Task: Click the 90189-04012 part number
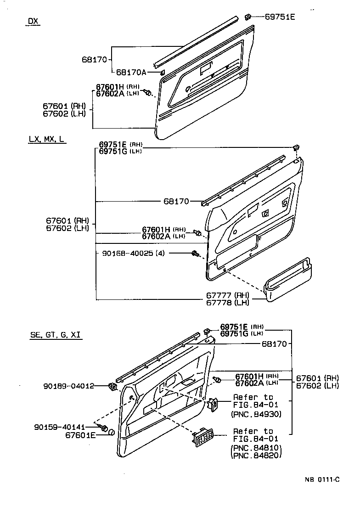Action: (64, 386)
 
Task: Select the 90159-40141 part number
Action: (64, 427)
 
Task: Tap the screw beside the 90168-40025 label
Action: (195, 252)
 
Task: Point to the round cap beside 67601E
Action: (111, 432)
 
